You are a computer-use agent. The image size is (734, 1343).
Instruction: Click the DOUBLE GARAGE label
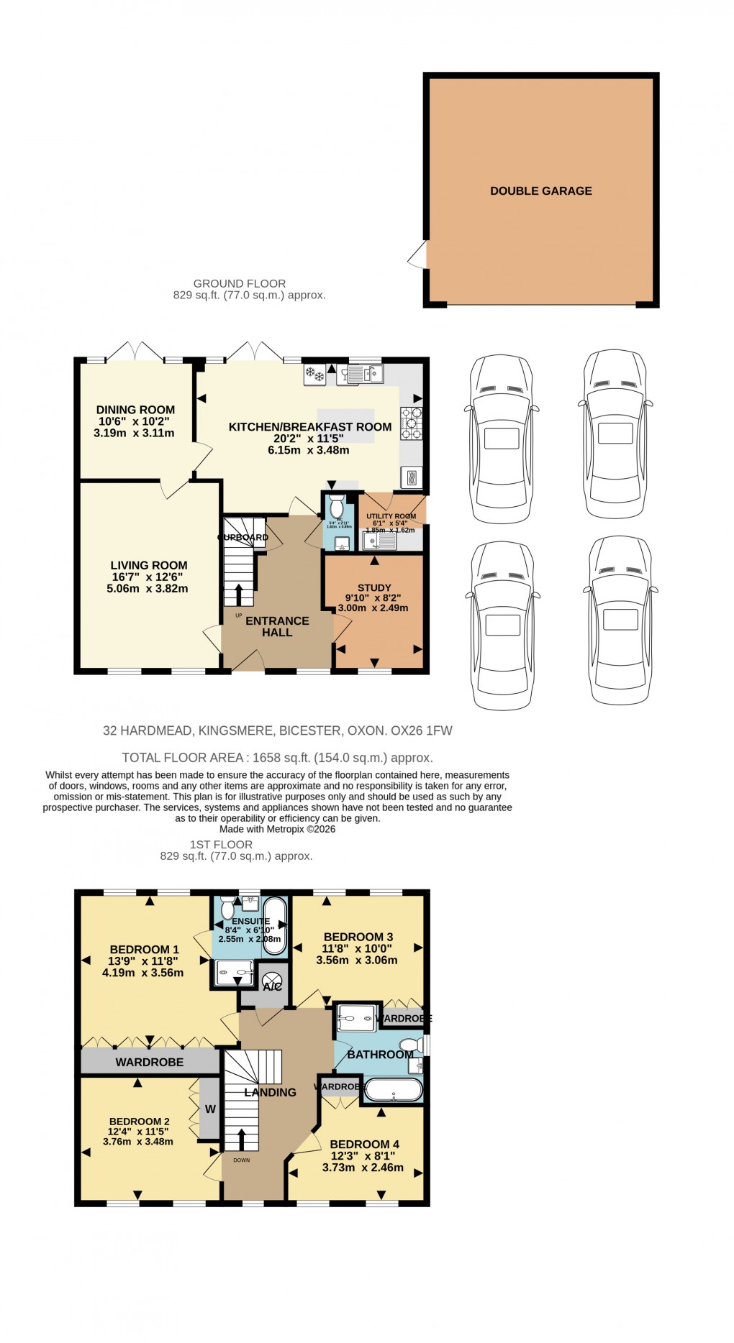click(540, 191)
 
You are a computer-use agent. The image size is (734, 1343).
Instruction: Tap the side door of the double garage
click(417, 255)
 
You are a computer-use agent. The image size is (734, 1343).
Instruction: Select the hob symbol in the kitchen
click(412, 423)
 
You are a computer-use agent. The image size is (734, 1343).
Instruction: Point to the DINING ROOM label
click(135, 410)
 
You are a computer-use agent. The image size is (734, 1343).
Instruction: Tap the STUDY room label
click(374, 587)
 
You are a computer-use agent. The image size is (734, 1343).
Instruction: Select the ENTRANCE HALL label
click(277, 626)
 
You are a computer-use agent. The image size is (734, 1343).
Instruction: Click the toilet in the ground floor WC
click(336, 508)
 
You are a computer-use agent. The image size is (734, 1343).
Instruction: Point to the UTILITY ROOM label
click(391, 516)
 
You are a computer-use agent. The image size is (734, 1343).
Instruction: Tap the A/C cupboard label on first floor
click(272, 986)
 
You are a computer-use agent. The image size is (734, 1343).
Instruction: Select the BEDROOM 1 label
click(145, 949)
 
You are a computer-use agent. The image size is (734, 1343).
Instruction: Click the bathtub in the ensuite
click(275, 925)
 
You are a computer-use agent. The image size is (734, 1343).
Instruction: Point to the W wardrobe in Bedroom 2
click(209, 1109)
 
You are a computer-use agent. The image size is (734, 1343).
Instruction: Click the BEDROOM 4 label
click(364, 1144)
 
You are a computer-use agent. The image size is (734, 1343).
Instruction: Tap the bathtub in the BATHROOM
click(393, 1090)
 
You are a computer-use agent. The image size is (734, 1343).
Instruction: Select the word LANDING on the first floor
click(270, 1092)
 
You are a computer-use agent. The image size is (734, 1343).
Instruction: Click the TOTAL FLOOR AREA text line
click(277, 757)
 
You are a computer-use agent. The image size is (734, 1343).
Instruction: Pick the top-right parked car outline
click(615, 434)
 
